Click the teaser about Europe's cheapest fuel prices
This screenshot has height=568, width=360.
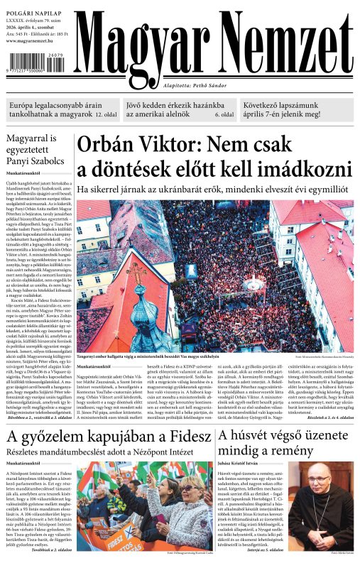[62, 108]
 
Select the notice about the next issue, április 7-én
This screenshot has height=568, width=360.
[298, 108]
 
